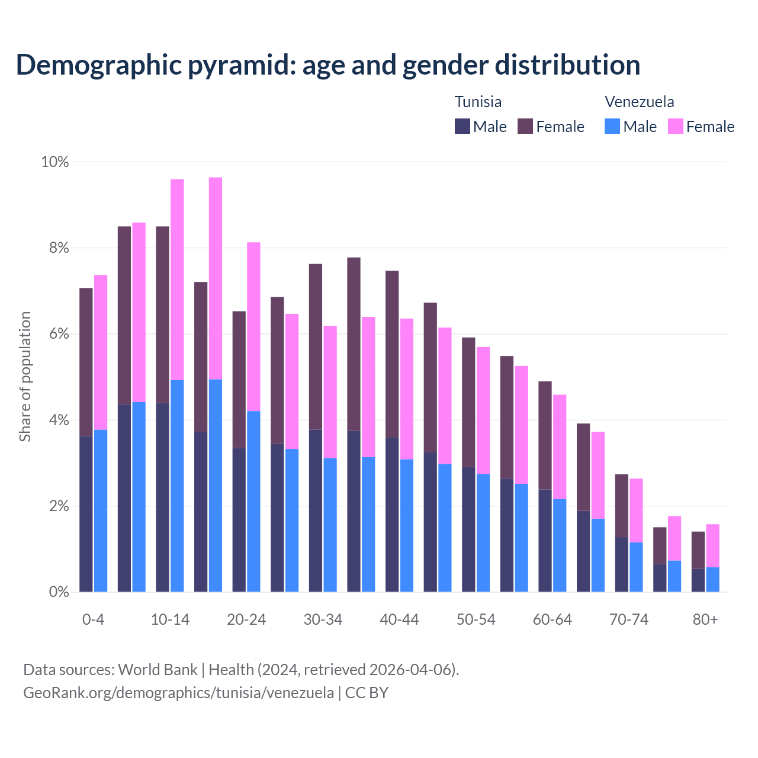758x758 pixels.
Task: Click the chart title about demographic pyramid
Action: pos(328,65)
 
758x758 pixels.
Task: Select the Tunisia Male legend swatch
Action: pos(462,126)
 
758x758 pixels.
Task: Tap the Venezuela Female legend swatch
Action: pos(675,126)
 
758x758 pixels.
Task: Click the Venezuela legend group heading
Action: pos(639,102)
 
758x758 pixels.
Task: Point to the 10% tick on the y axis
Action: pos(54,162)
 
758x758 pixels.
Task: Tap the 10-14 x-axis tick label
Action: pos(170,619)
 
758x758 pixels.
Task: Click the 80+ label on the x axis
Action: pos(705,619)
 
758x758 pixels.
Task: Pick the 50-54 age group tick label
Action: pos(476,619)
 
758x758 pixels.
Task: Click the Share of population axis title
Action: pos(25,377)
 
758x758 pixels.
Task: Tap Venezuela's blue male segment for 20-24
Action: pos(253,501)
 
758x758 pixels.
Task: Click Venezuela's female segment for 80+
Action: pos(712,545)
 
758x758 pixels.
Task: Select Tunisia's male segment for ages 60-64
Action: pos(545,540)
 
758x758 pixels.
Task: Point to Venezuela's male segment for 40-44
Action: pos(407,525)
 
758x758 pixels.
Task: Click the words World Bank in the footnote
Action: pos(158,670)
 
